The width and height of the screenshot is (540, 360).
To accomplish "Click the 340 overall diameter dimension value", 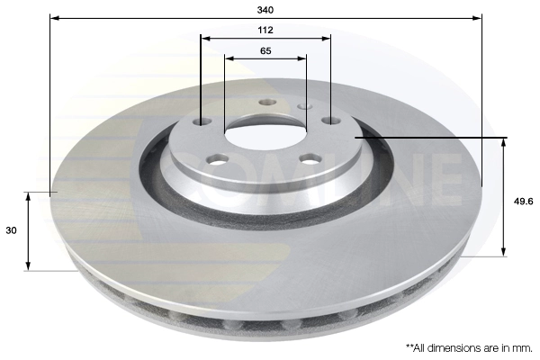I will click(x=265, y=9).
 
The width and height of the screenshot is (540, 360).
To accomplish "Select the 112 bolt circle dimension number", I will click(x=265, y=30).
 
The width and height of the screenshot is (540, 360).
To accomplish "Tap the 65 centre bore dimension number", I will click(x=265, y=51).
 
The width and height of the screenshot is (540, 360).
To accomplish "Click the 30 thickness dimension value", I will click(x=12, y=231).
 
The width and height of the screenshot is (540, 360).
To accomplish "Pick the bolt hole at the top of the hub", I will click(x=266, y=102).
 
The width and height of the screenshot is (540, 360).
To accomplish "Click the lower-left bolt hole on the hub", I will click(x=217, y=160).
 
